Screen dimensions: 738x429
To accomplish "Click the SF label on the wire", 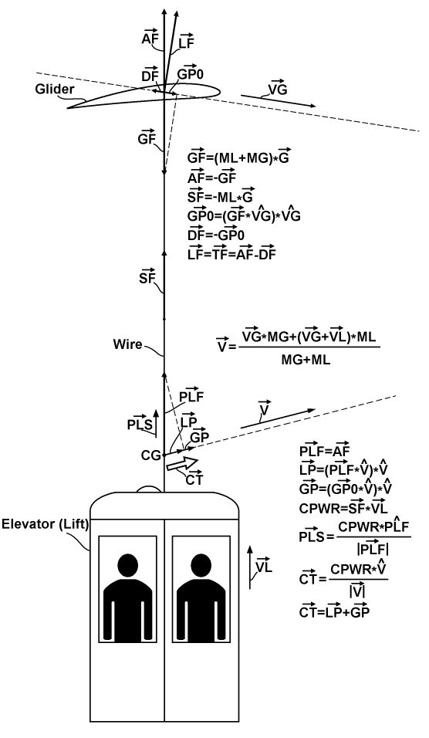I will pyautogui.click(x=147, y=277).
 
